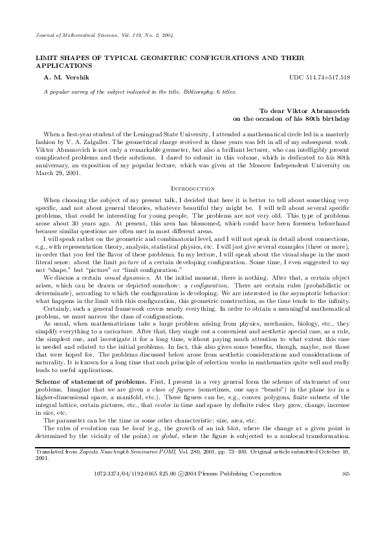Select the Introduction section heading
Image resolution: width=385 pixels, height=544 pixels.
tap(192, 188)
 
